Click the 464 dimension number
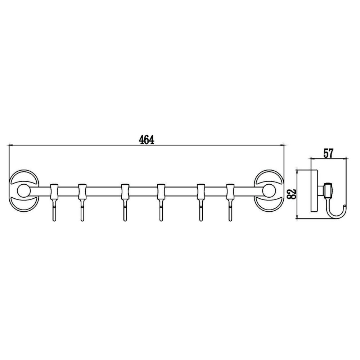pyautogui.click(x=147, y=140)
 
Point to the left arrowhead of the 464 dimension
pyautogui.click(x=11, y=146)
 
